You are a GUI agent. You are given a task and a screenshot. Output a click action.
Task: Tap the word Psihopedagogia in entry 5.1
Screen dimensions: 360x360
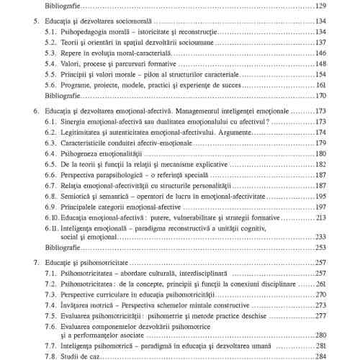(88, 32)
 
